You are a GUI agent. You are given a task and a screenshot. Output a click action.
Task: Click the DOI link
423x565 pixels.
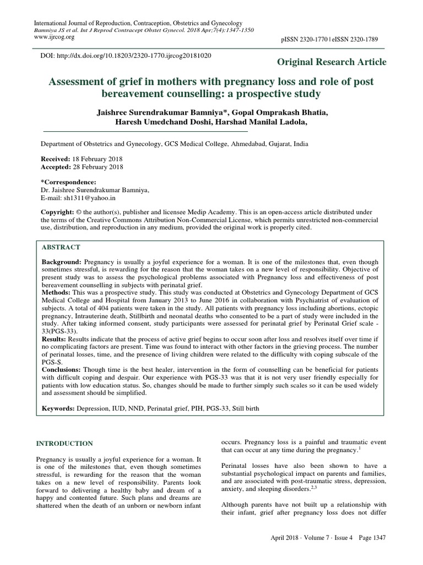tap(127, 56)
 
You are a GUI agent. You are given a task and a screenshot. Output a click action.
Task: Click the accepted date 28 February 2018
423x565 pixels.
tap(98, 166)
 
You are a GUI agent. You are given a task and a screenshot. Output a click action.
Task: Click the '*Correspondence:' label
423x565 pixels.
tap(69, 182)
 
